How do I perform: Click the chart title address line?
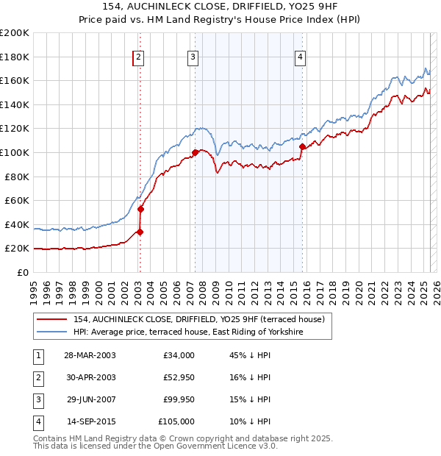(220, 7)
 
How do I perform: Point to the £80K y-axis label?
(17, 177)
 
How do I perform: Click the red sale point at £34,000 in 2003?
(140, 232)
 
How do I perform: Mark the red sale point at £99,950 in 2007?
(195, 153)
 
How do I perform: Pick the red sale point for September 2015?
(301, 146)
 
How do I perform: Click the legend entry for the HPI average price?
(188, 332)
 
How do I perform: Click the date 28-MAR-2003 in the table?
(90, 356)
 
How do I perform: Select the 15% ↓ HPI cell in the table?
(251, 400)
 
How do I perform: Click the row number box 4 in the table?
(36, 422)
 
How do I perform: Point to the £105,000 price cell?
(176, 422)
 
